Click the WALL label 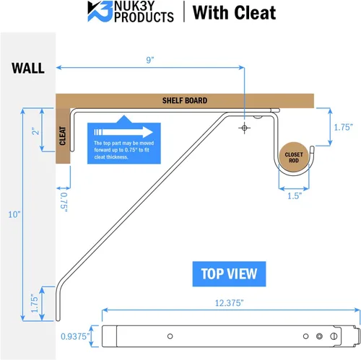(28, 68)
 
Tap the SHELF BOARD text (185, 100)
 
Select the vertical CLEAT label (63, 136)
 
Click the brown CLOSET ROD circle (294, 157)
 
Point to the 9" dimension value (150, 60)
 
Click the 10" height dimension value (14, 214)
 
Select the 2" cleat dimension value (35, 131)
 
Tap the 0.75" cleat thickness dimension (64, 202)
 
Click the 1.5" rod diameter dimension (295, 196)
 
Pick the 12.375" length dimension (229, 303)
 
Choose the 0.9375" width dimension (75, 336)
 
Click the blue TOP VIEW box (229, 274)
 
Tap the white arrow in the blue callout (123, 132)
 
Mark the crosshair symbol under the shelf (244, 128)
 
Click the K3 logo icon (100, 12)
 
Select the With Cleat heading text (235, 13)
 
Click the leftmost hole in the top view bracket (170, 336)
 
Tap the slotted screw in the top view (334, 336)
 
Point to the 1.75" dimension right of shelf (343, 127)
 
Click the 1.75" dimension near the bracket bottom (35, 304)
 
